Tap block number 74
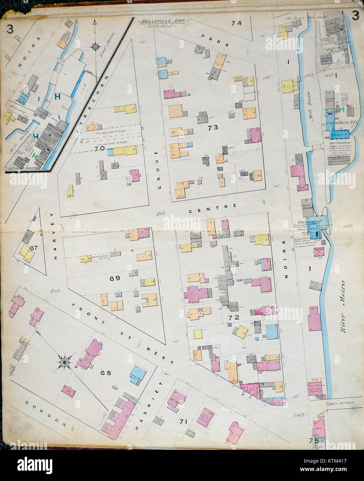click(x=237, y=24)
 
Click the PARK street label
click(x=215, y=40)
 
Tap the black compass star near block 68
click(x=65, y=362)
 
